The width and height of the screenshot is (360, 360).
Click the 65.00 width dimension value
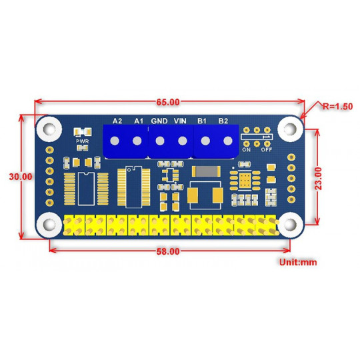pos(168,102)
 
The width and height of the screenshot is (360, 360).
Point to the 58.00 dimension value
pos(168,252)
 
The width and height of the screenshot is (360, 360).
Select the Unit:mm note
pos(299,263)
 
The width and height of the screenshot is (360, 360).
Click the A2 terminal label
pos(117,121)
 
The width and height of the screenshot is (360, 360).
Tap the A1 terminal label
pos(139,121)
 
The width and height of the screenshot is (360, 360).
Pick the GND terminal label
pos(159,121)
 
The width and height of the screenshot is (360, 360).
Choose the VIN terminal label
pos(180,121)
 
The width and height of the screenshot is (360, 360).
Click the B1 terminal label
pos(201,121)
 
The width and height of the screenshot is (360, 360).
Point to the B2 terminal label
pos(223,121)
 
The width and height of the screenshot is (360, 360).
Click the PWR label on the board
pos(83,141)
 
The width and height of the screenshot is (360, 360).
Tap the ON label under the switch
pos(247,149)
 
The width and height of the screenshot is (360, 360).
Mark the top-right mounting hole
pos(290,127)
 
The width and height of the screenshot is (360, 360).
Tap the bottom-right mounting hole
pos(290,223)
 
